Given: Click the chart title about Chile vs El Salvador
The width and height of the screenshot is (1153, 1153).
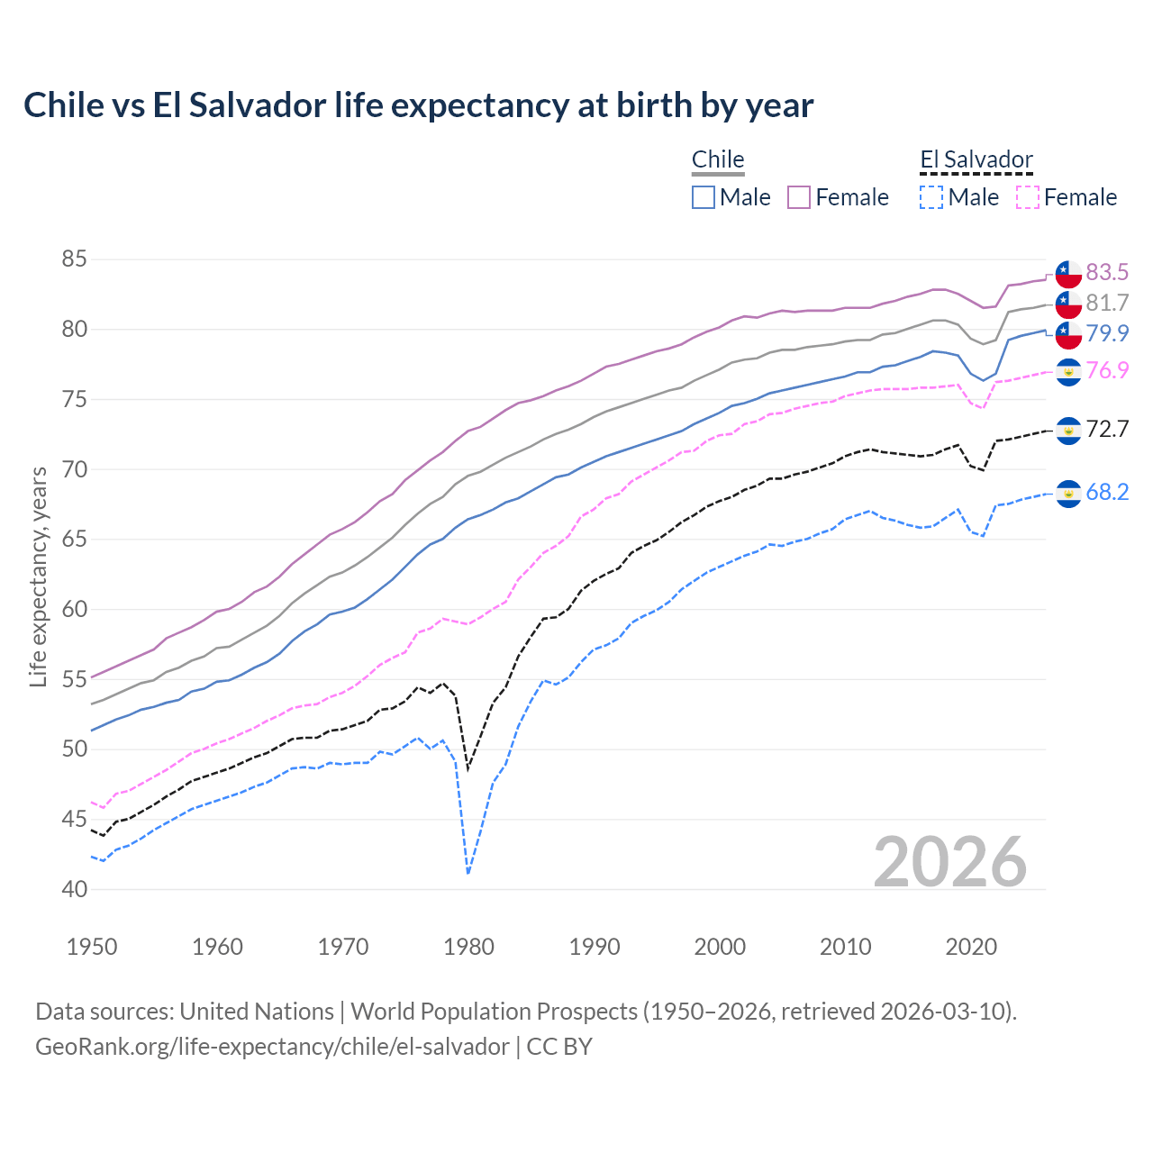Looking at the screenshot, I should click(x=418, y=105).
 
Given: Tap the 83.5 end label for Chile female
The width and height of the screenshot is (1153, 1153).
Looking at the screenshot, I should click(x=1106, y=272).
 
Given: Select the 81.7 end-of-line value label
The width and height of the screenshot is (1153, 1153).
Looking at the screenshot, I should click(x=1106, y=303).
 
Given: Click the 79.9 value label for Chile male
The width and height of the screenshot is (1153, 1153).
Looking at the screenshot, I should click(x=1106, y=333).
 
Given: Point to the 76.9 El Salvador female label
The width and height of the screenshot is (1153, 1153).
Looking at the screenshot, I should click(x=1106, y=370).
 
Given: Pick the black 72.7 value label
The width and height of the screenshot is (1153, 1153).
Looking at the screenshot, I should click(x=1106, y=429).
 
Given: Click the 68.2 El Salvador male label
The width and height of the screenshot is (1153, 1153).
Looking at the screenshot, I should click(x=1106, y=492).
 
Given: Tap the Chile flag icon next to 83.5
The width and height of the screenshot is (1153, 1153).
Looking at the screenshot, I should click(x=1068, y=273).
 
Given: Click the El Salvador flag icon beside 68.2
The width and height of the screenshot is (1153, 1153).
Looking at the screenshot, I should click(x=1068, y=493).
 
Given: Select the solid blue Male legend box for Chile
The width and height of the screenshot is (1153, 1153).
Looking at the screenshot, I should click(x=704, y=197).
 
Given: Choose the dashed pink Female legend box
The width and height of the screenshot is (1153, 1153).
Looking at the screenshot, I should click(x=1028, y=197).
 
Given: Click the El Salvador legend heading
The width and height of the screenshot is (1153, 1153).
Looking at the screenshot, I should click(x=976, y=160).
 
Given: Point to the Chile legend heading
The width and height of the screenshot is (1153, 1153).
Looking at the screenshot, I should click(x=718, y=160).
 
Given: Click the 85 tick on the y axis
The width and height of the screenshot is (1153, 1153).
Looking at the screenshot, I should click(x=75, y=259).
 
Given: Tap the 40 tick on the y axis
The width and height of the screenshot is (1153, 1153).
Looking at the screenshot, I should click(x=75, y=889).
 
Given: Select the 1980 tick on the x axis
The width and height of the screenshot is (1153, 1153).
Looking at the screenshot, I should click(x=468, y=947).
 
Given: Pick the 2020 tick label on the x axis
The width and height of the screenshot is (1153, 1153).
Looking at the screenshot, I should click(x=971, y=947).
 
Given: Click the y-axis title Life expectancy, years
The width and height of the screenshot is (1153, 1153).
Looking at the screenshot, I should click(x=39, y=576).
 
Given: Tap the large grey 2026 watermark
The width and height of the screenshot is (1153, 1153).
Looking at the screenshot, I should click(x=949, y=862).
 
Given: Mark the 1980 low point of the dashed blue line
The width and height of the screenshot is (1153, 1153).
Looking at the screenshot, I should click(x=468, y=873).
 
